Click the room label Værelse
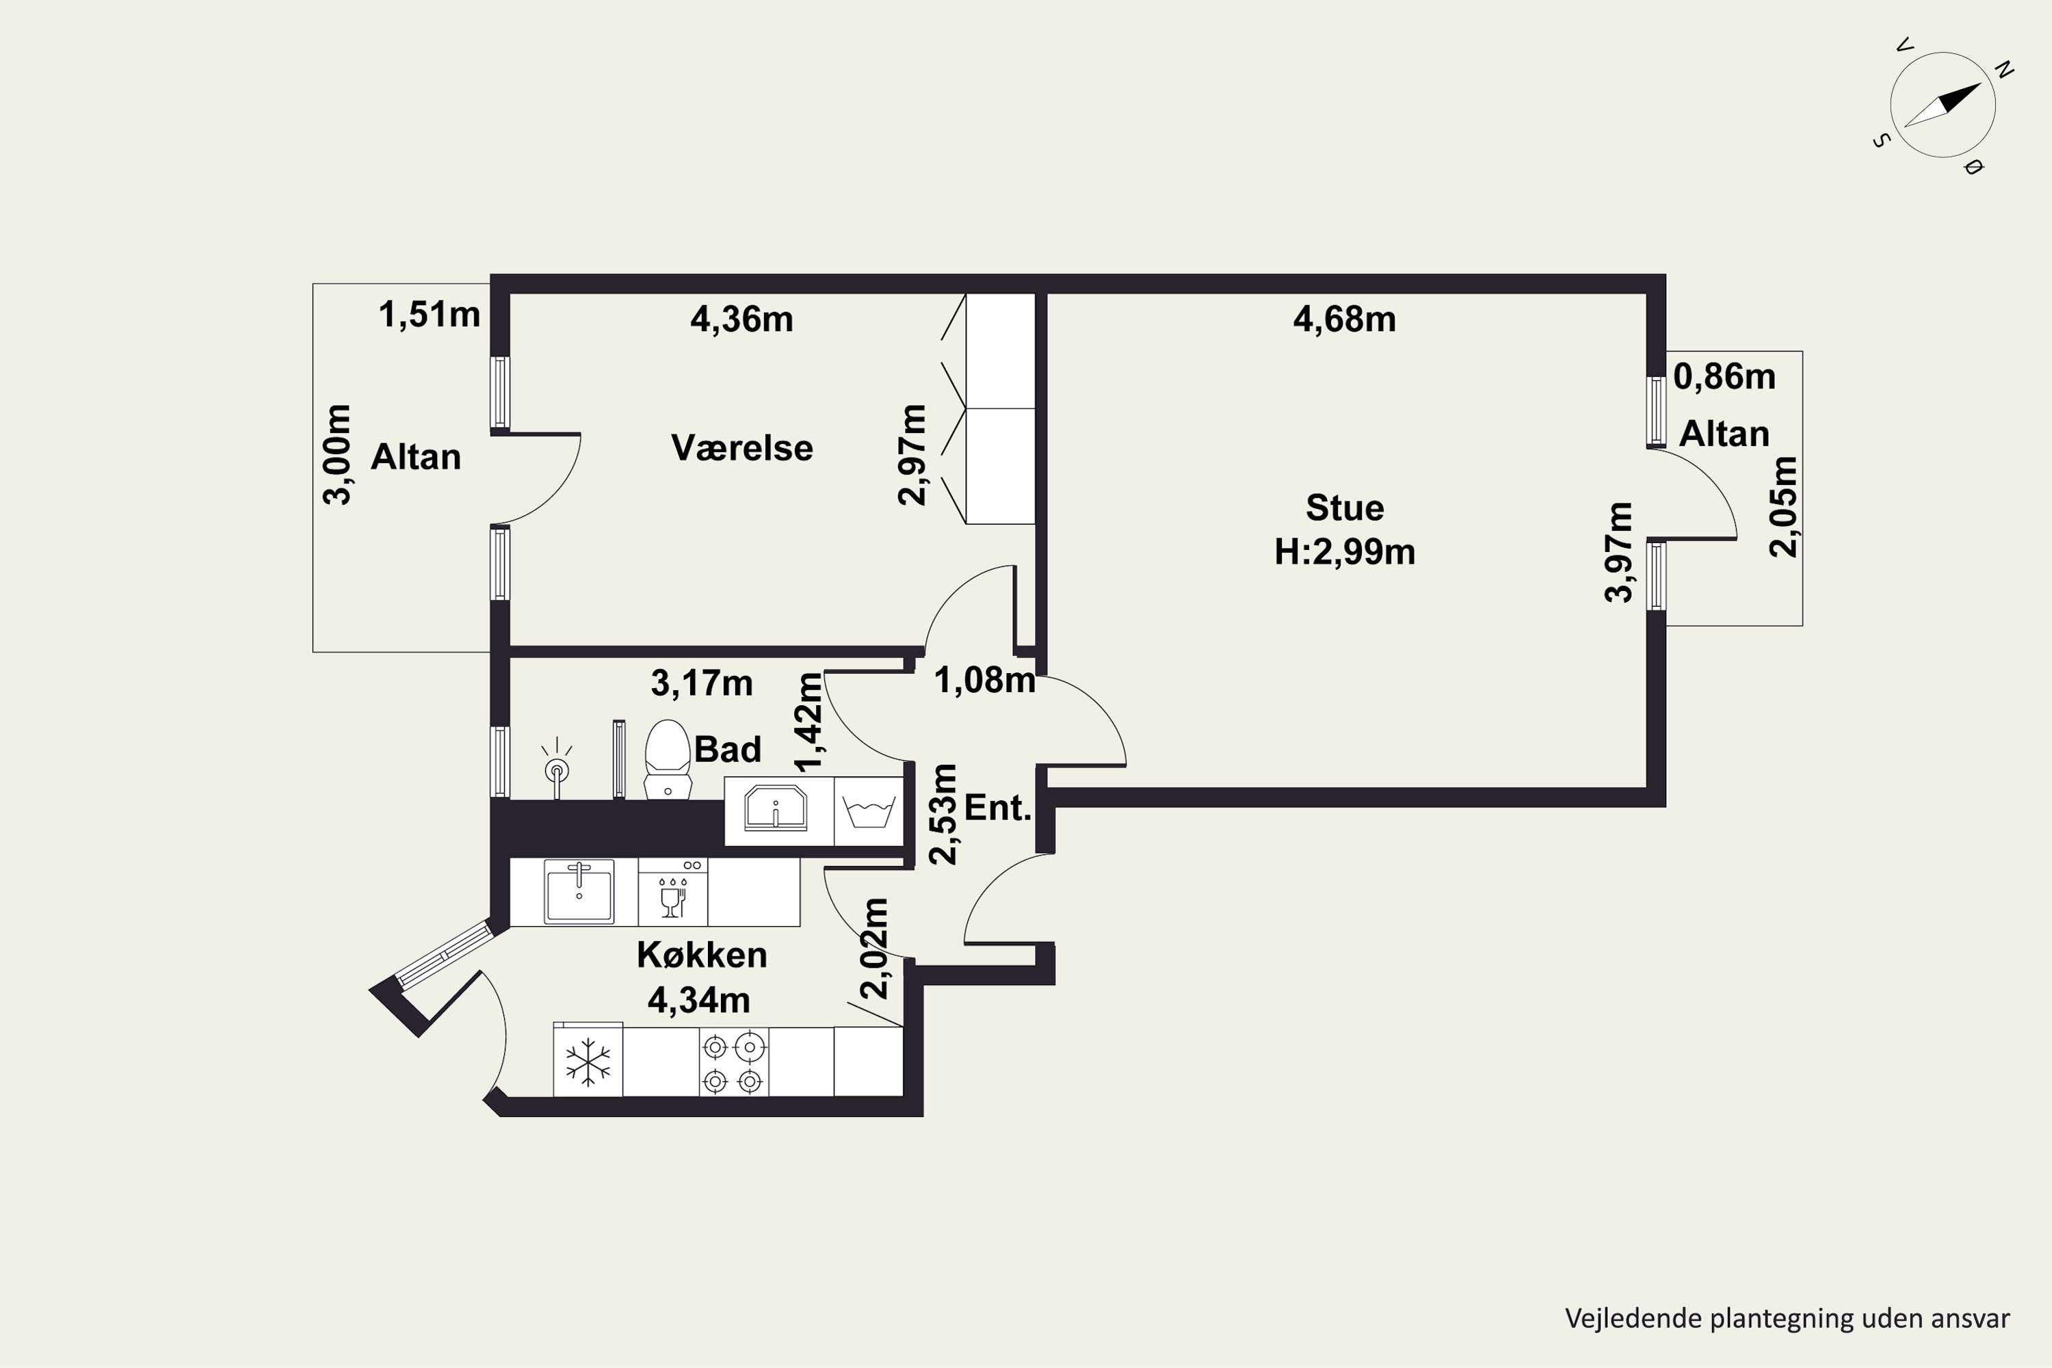pos(741,447)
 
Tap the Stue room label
pos(1345,508)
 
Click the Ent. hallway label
pos(998,808)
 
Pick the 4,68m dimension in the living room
pos(1345,319)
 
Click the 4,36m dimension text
pos(741,319)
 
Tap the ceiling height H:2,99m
pos(1345,552)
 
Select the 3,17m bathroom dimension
pos(702,683)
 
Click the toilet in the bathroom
pos(668,758)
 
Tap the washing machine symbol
pos(868,811)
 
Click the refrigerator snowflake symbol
pos(588,1062)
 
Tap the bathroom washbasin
pos(776,808)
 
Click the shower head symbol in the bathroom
pos(555,767)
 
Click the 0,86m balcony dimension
pos(1724,377)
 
